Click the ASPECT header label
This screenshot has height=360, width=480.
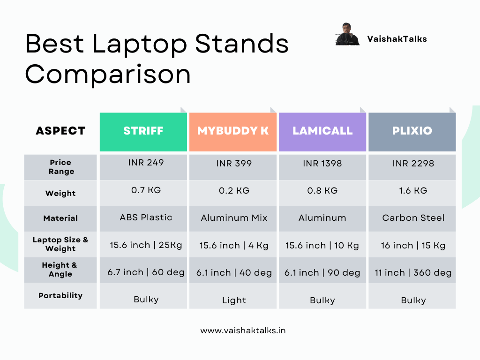point(60,131)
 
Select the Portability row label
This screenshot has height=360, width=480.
point(60,295)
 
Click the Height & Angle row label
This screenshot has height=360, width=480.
point(60,270)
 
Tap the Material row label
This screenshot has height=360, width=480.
point(60,218)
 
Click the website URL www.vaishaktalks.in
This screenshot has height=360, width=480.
point(243,330)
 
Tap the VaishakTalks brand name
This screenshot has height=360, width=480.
point(397,39)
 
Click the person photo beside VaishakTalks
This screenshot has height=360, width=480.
point(347,34)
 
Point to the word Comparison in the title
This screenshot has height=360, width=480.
point(108,75)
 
